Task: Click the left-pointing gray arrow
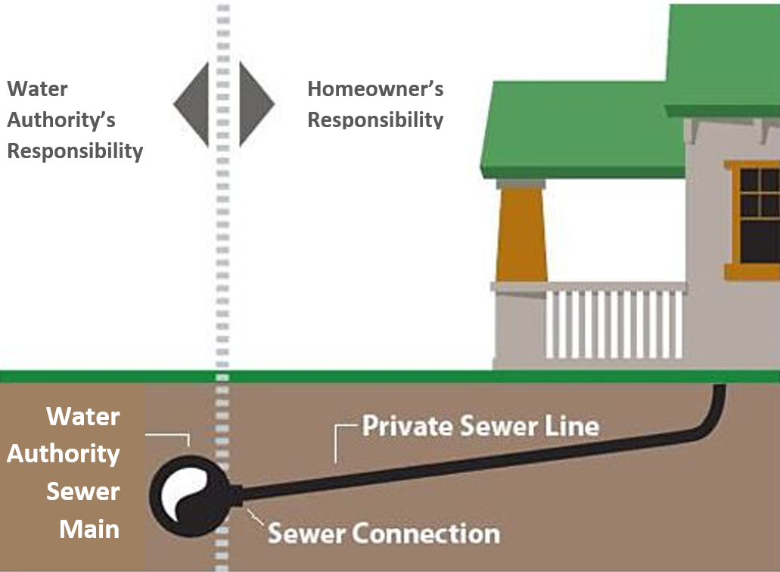(x=193, y=104)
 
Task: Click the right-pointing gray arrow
(x=255, y=104)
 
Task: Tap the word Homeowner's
(x=374, y=89)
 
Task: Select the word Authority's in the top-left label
(x=61, y=120)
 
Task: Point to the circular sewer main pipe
(x=190, y=493)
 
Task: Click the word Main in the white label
(x=89, y=528)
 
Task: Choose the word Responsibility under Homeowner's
(x=374, y=120)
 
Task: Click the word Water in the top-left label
(x=37, y=89)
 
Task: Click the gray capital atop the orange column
(x=521, y=183)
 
